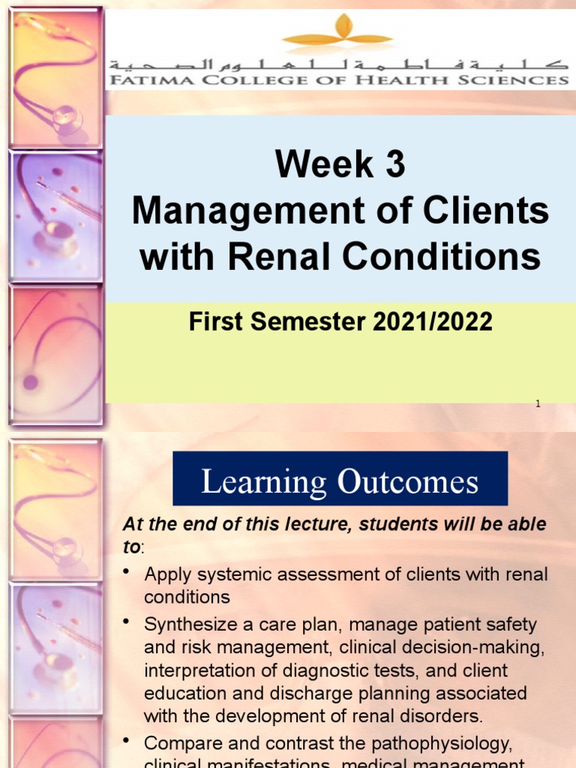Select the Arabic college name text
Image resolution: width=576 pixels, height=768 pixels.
tap(337, 63)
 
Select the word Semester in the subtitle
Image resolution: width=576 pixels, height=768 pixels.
tap(303, 322)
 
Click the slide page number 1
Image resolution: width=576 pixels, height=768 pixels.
tap(538, 404)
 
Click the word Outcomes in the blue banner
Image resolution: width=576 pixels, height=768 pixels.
tap(408, 481)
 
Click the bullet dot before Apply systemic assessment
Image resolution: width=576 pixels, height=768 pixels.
tap(129, 573)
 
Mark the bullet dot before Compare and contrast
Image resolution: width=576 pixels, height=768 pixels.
tap(129, 741)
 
